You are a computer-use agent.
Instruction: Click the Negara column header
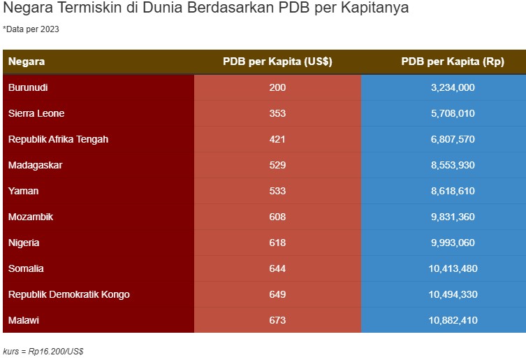point(27,62)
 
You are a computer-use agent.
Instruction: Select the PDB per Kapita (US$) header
point(277,62)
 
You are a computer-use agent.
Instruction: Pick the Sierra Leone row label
point(36,113)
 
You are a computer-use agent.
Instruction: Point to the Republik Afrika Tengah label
point(58,139)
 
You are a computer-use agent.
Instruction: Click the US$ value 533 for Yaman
point(277,191)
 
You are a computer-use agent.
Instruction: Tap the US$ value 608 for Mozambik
point(277,217)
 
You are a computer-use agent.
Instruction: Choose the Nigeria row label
point(24,243)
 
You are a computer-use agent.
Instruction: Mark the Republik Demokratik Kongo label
point(68,294)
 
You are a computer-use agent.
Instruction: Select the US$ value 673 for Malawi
point(277,320)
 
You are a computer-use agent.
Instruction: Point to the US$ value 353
point(277,113)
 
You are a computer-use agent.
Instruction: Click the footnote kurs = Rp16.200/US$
point(43,350)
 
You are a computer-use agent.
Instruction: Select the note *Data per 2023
point(31,29)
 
